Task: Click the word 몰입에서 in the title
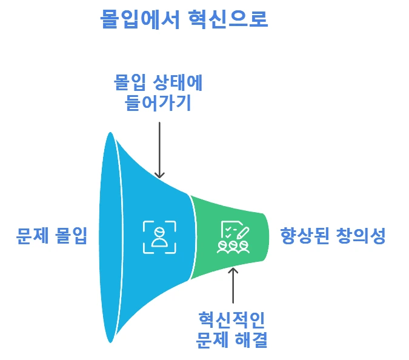tap(139, 19)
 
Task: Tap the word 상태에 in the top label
tap(179, 82)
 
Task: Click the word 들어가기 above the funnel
tap(158, 103)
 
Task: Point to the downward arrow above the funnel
tap(159, 148)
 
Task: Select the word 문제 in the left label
tap(33, 236)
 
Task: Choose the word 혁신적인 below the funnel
tap(232, 319)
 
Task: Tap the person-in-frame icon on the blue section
tap(159, 236)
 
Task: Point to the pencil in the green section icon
tap(242, 230)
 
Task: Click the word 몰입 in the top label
tap(131, 82)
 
